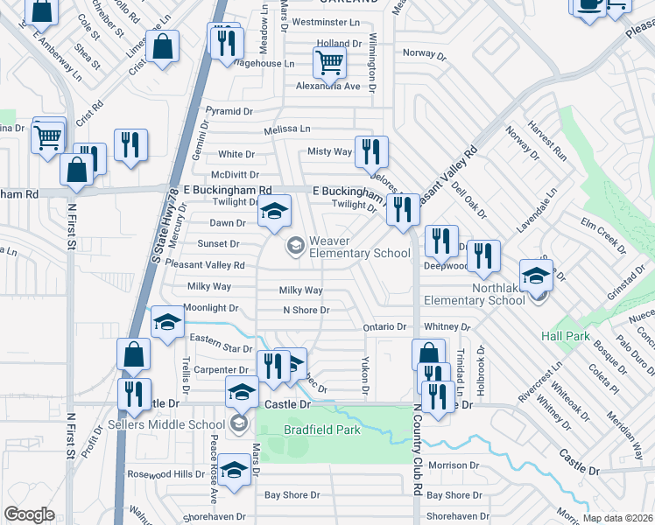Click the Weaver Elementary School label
[359, 247]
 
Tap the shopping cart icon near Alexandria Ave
[329, 62]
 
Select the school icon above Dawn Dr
[274, 213]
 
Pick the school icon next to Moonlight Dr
[166, 323]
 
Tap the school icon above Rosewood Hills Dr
[234, 471]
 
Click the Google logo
[29, 514]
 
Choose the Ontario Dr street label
[384, 327]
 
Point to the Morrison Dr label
[454, 465]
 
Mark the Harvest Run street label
[547, 145]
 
